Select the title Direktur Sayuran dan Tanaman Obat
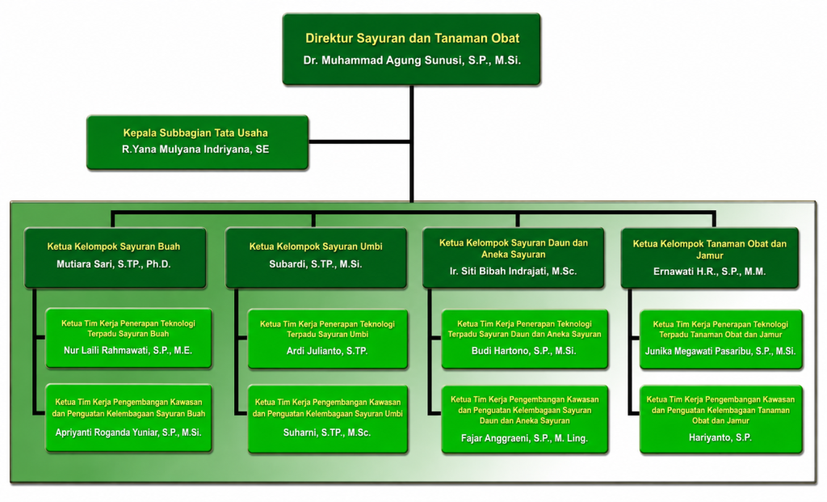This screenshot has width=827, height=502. (412, 38)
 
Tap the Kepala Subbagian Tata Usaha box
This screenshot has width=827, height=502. (197, 142)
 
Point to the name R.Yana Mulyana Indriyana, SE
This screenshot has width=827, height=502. (195, 150)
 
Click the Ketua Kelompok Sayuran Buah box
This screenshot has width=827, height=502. (115, 258)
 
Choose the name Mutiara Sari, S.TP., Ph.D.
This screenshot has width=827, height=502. (113, 264)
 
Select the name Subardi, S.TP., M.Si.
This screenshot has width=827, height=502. (316, 264)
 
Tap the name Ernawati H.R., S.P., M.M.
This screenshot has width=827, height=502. (709, 272)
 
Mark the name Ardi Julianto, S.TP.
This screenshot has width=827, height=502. (327, 351)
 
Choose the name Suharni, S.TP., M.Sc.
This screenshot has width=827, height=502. (327, 432)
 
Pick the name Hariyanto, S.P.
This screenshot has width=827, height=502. (720, 437)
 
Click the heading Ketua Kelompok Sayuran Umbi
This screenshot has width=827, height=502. (316, 247)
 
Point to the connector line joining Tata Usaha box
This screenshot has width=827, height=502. (359, 141)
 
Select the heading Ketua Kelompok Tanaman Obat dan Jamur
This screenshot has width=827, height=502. (709, 250)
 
